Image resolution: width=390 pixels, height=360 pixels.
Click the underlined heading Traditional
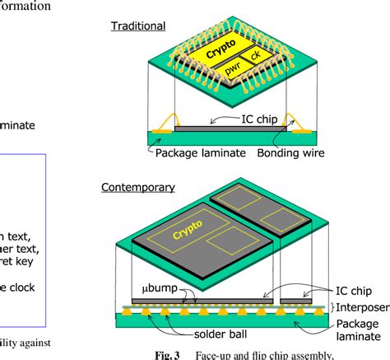click(x=138, y=26)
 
